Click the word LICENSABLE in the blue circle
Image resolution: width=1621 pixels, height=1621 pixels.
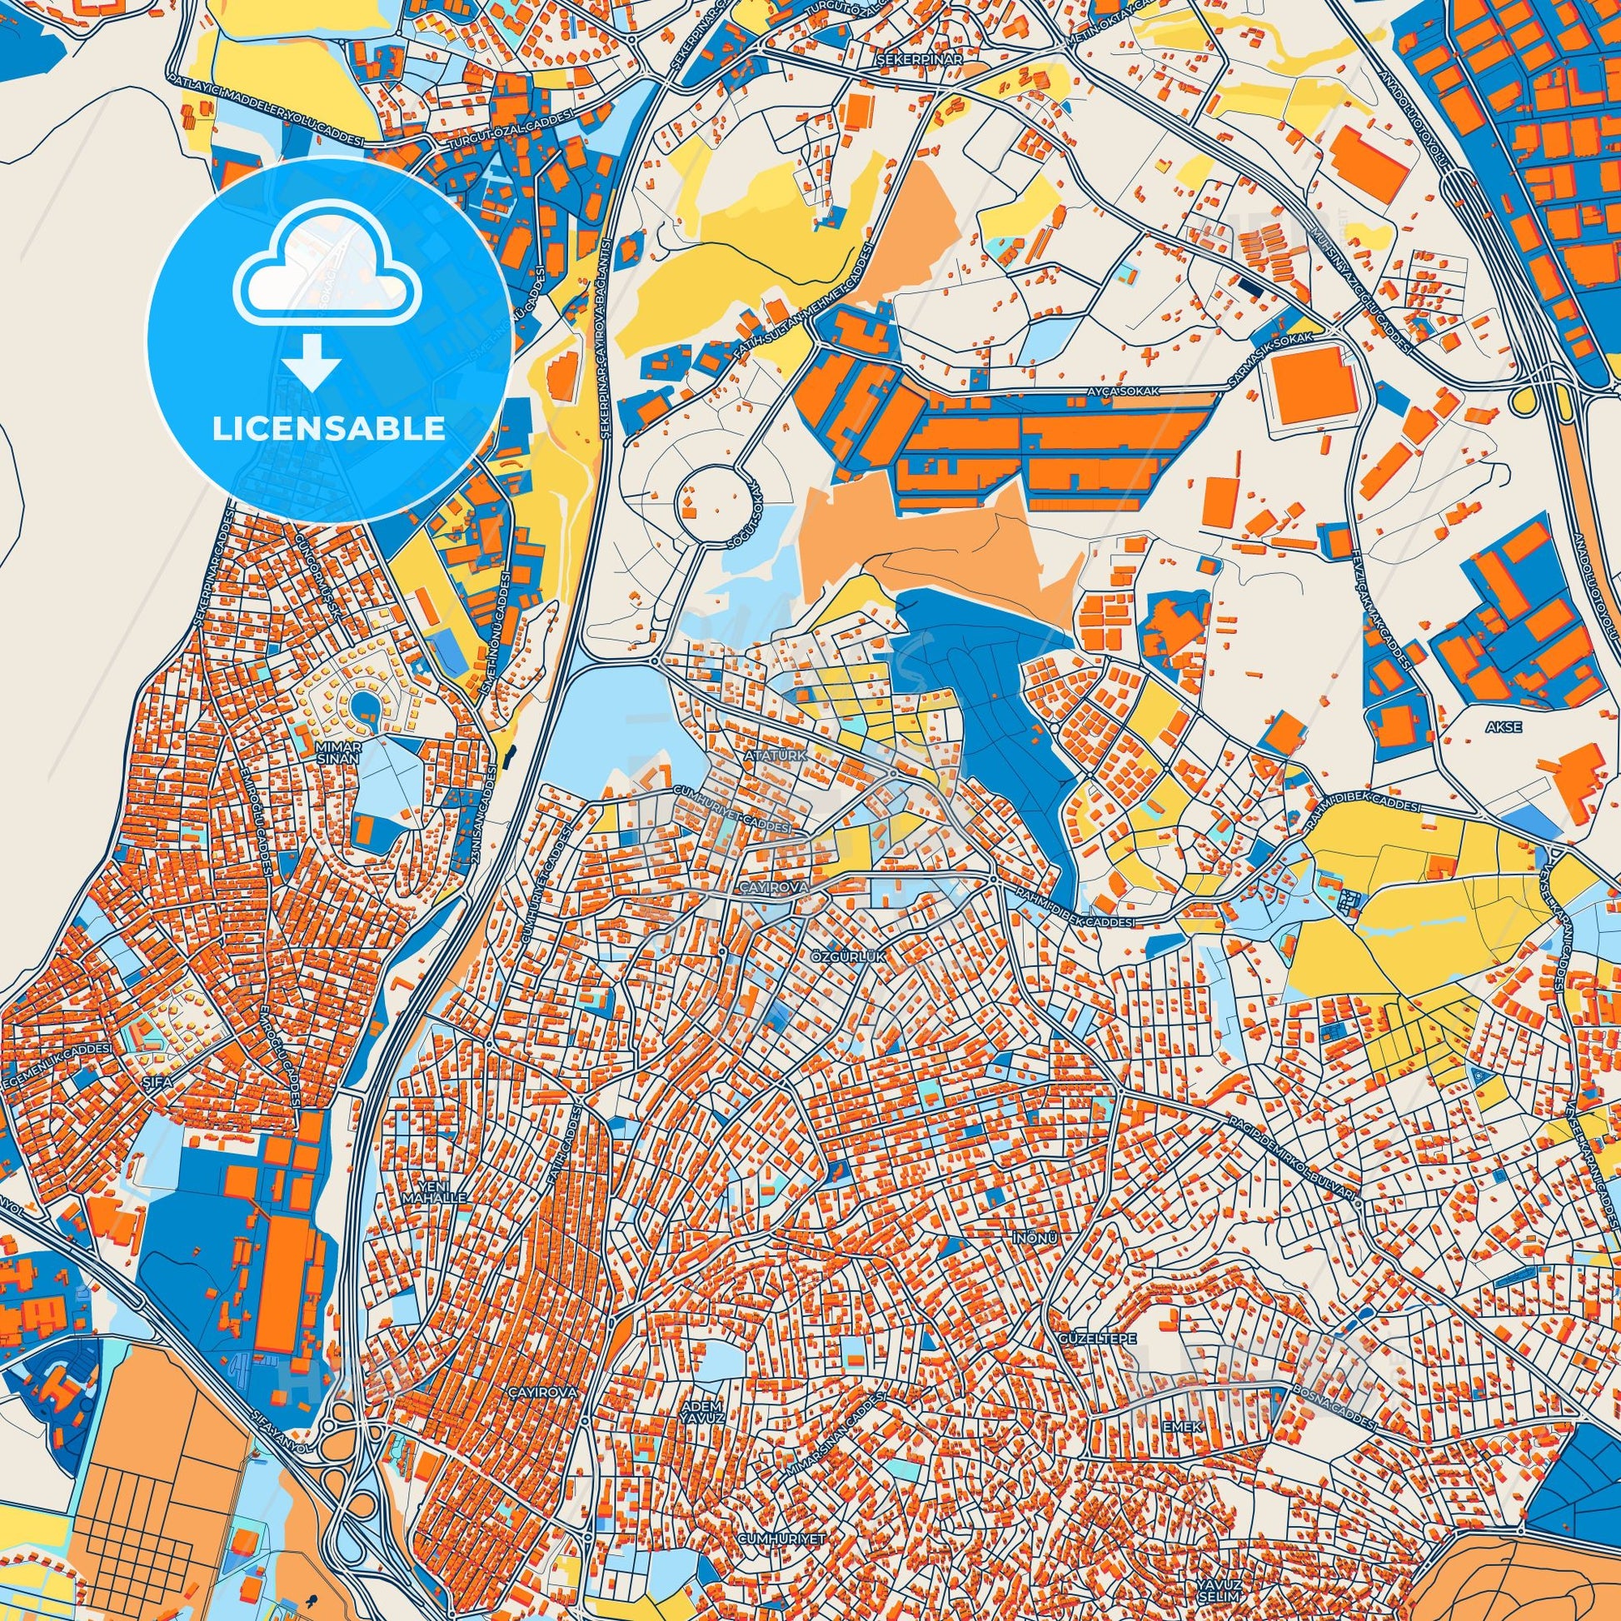329,429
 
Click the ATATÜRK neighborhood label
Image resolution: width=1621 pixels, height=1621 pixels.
775,756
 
